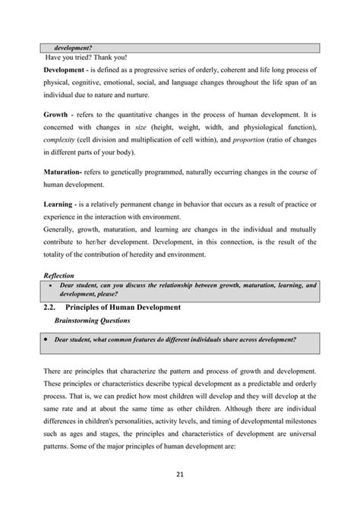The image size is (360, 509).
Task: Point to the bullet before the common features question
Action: click(46, 339)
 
